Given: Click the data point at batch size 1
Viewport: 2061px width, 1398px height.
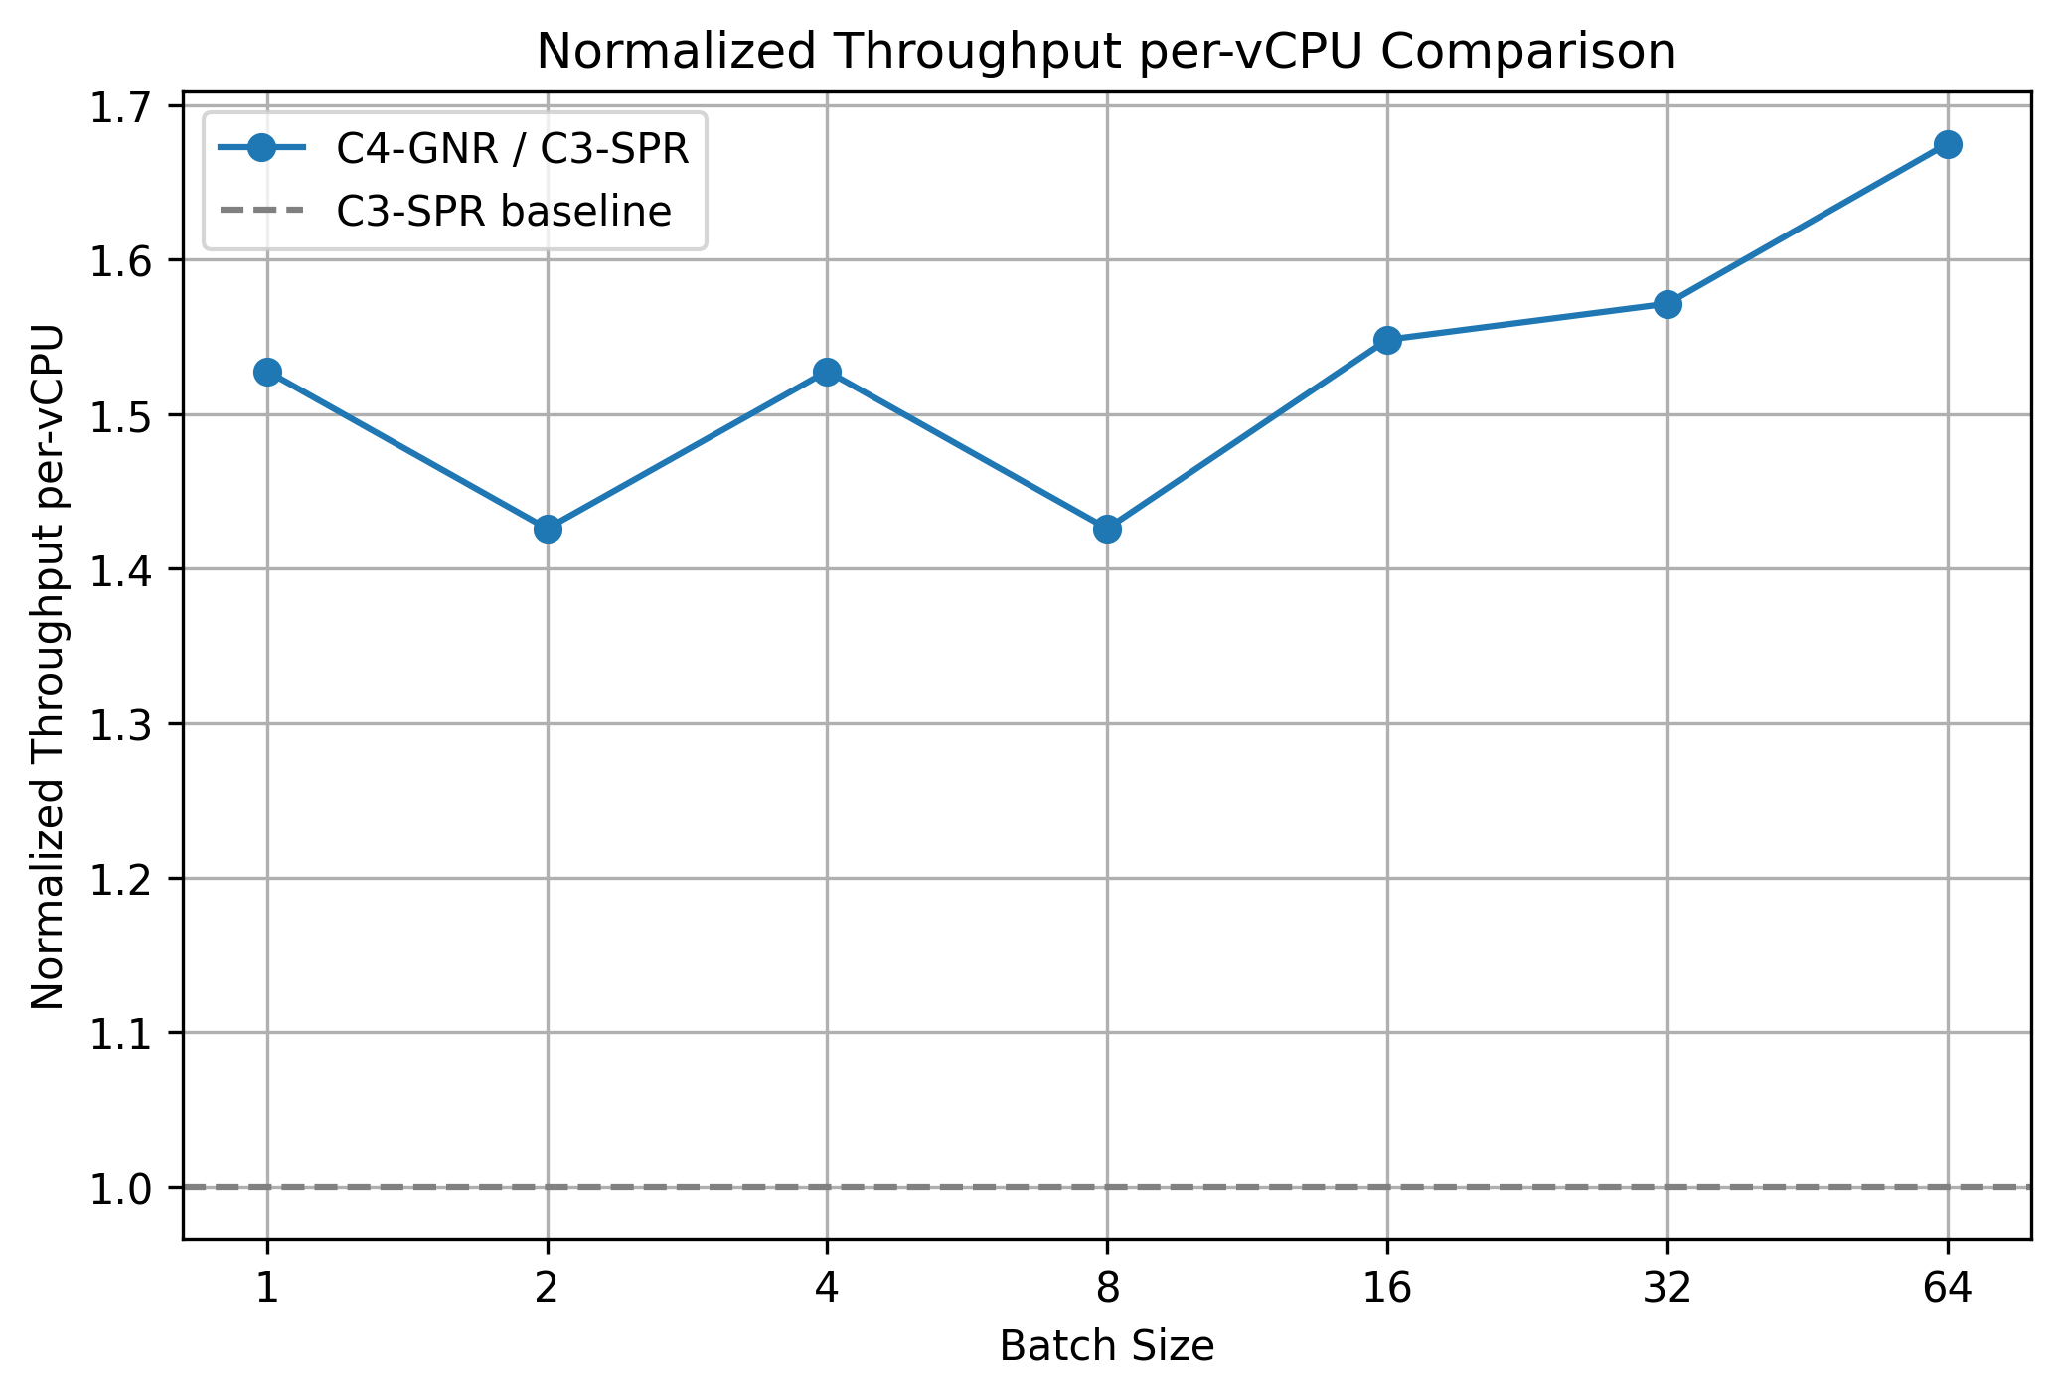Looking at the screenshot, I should (267, 372).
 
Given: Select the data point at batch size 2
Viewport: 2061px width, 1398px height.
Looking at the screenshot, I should (548, 529).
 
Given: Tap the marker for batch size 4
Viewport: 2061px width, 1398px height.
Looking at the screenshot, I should (827, 372).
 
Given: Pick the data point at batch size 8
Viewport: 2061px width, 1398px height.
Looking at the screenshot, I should (1107, 529).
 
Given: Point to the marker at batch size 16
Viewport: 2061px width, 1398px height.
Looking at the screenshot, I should (1387, 340).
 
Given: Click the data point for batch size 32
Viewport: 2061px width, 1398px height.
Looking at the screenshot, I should (1667, 304).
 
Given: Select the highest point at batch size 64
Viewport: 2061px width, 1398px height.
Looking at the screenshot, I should (1948, 144).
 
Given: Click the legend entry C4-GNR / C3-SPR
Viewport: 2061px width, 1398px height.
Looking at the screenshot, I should (512, 149).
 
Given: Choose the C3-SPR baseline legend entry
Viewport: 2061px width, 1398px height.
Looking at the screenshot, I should (503, 212).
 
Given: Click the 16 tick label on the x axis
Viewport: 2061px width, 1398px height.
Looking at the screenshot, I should (1387, 1289).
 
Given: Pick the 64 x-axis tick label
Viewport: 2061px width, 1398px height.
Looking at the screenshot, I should (1948, 1289).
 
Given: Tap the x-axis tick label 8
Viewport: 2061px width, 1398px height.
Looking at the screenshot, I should (1107, 1289).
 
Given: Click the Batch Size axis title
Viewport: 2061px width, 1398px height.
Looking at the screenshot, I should (1107, 1347).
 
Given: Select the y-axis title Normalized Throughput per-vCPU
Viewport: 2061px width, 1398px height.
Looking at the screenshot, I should (48, 666).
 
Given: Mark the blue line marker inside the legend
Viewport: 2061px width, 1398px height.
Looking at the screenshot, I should (261, 149).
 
